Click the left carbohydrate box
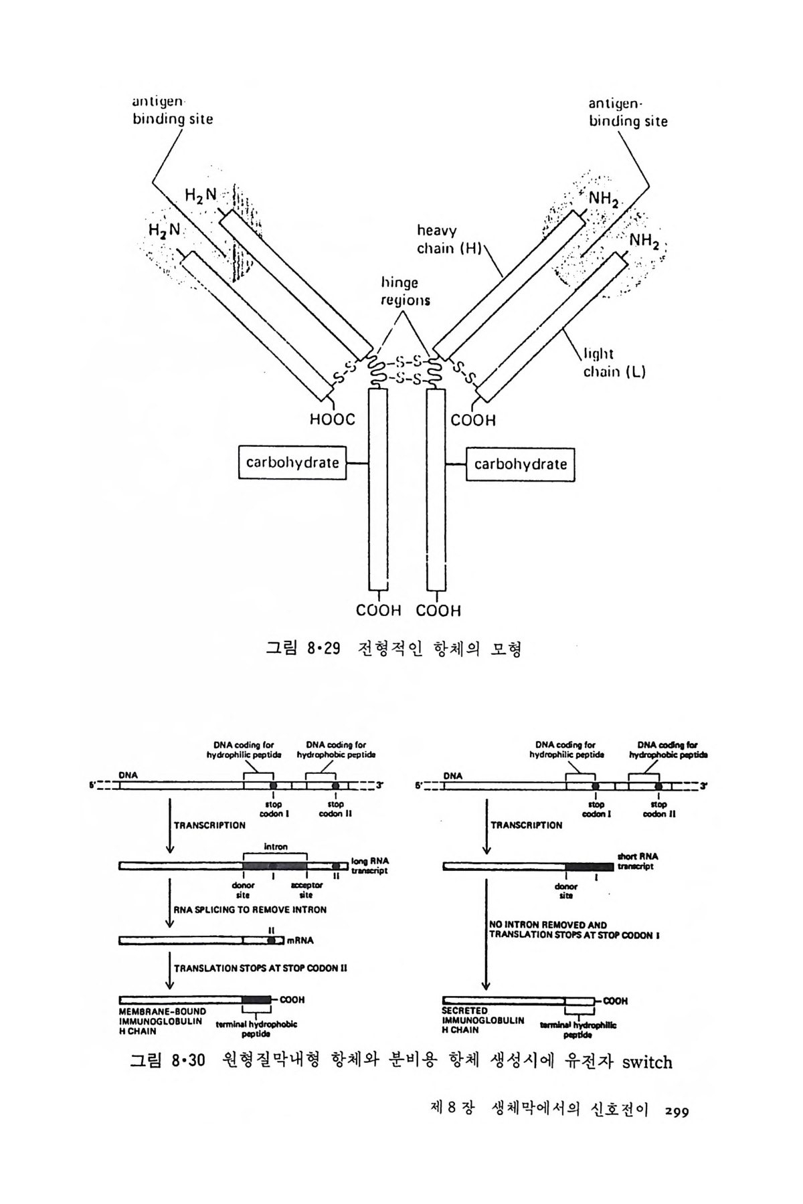(292, 463)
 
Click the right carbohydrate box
(520, 464)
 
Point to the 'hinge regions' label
(406, 292)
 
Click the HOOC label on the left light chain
(332, 420)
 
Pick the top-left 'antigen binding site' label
(173, 110)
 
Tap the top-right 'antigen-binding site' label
(628, 112)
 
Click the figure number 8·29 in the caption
(323, 648)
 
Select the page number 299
(677, 1112)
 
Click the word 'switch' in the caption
(646, 1062)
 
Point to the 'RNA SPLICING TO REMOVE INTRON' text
(250, 910)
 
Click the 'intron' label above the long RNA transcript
(275, 846)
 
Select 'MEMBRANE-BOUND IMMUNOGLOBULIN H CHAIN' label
(162, 1021)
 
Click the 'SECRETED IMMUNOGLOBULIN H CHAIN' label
(483, 1020)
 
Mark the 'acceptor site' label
(306, 890)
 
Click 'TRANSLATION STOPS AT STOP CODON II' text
(260, 967)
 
